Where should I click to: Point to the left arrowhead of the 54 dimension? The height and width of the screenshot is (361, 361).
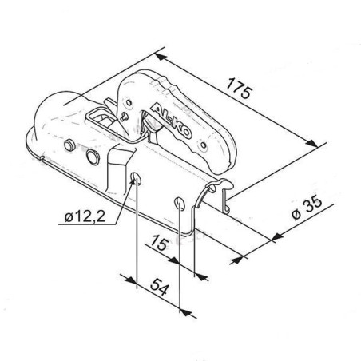point(128,280)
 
